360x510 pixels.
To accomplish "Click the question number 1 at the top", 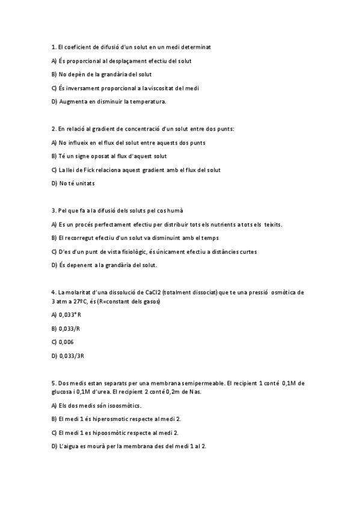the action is pyautogui.click(x=53, y=46).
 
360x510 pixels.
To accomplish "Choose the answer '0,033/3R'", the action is pyautogui.click(x=71, y=355).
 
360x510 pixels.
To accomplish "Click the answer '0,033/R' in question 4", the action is pyautogui.click(x=69, y=328).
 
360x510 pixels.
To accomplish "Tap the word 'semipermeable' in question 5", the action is pyautogui.click(x=197, y=382).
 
